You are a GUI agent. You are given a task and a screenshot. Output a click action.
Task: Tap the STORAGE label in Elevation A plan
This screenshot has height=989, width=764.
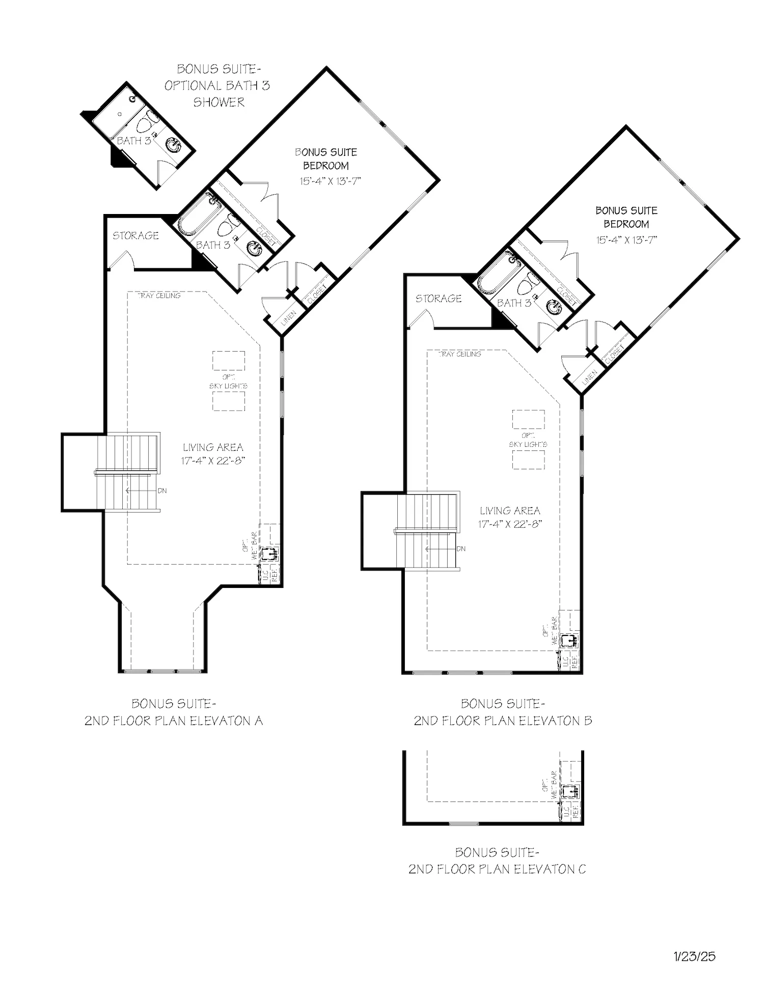(135, 235)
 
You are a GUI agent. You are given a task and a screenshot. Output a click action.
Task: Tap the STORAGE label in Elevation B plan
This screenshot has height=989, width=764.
(439, 299)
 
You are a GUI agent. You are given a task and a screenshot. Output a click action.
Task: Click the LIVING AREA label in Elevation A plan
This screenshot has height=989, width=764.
(213, 447)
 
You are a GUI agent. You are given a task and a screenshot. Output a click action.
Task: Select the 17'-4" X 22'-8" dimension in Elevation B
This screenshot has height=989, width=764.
(509, 524)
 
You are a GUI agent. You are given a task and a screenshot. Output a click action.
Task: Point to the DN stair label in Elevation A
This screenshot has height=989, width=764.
(162, 491)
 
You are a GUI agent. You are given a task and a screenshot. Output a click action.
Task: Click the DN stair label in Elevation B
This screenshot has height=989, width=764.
(461, 549)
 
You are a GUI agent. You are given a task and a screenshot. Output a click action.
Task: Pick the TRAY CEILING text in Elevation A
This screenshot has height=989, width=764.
(159, 296)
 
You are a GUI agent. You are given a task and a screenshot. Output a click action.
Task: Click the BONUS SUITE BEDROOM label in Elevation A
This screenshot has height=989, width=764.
(326, 158)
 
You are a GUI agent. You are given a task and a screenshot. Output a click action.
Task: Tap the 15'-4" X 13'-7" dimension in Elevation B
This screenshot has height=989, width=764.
(626, 239)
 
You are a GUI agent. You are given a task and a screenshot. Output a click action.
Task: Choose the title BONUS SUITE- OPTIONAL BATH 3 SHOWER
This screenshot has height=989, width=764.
(217, 85)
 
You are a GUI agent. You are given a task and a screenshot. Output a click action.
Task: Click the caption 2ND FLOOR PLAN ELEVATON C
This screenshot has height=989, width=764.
(497, 869)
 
